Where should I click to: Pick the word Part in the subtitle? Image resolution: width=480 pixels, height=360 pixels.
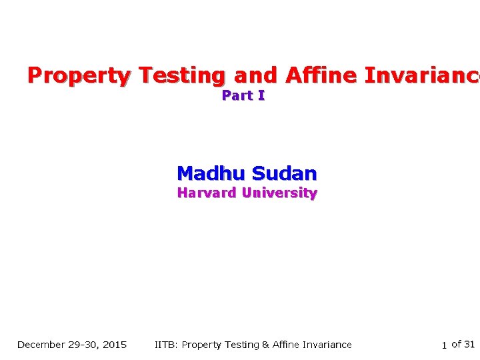237,96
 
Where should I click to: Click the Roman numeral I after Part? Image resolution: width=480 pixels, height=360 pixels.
261,96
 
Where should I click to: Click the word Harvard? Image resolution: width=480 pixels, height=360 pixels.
207,193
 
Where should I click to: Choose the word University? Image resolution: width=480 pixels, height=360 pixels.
279,193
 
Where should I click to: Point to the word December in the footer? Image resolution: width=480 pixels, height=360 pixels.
41,345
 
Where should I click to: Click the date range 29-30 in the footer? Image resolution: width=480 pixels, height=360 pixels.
84,345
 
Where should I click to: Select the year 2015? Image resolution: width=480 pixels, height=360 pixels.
115,345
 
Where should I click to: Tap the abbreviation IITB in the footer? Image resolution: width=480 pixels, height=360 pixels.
165,345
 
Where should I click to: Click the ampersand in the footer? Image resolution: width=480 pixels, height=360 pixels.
265,345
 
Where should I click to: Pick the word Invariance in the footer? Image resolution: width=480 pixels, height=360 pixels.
326,345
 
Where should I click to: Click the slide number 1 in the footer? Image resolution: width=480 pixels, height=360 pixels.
444,345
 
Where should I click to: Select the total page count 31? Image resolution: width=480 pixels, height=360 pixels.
469,345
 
